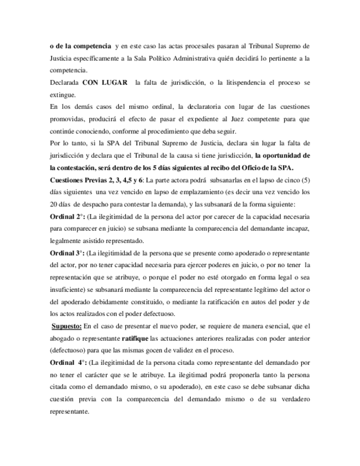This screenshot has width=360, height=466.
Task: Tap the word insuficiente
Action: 67,290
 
